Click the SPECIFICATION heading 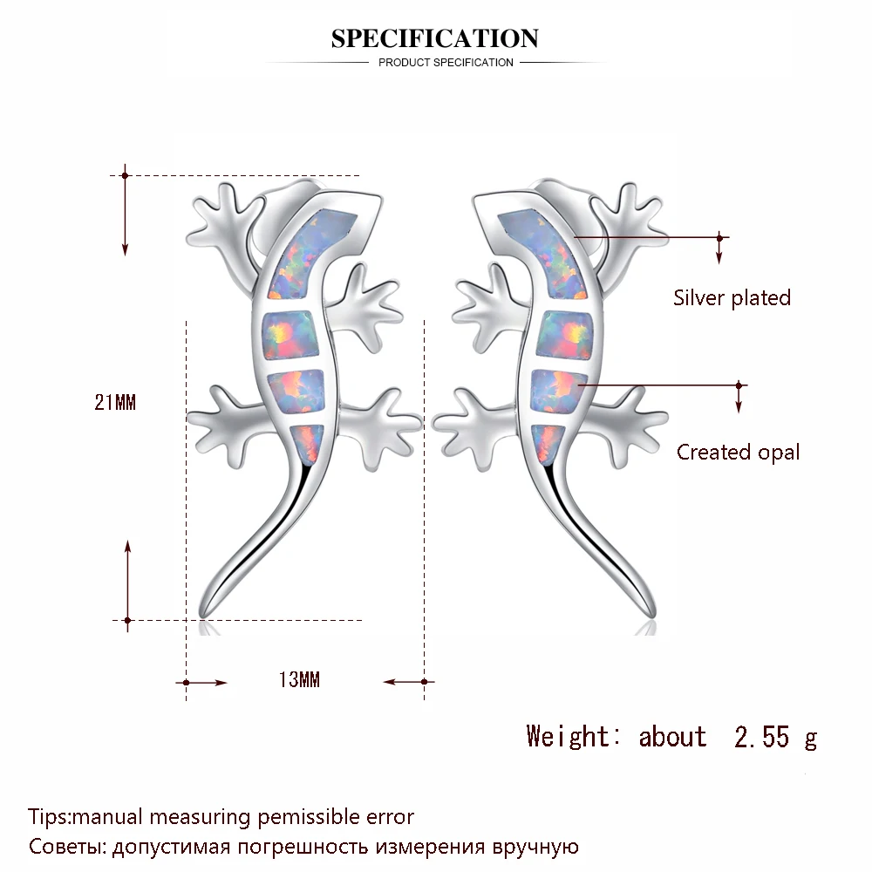(x=435, y=38)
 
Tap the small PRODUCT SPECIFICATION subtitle (x=446, y=63)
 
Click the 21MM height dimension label (x=116, y=402)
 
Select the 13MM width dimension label (x=299, y=680)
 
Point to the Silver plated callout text (x=732, y=297)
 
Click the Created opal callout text (x=738, y=452)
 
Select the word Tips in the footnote (x=48, y=817)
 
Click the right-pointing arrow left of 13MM (x=207, y=682)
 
